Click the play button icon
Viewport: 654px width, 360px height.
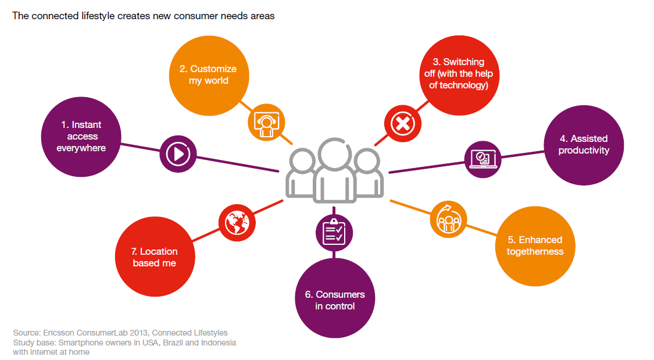[x=178, y=154]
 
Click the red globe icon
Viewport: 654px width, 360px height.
[x=237, y=221]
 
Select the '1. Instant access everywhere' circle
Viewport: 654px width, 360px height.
[x=81, y=137]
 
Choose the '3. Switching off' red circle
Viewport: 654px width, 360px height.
[x=458, y=74]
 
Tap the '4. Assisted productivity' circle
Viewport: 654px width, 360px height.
[x=584, y=145]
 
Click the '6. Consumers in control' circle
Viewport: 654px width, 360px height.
[x=335, y=299]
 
